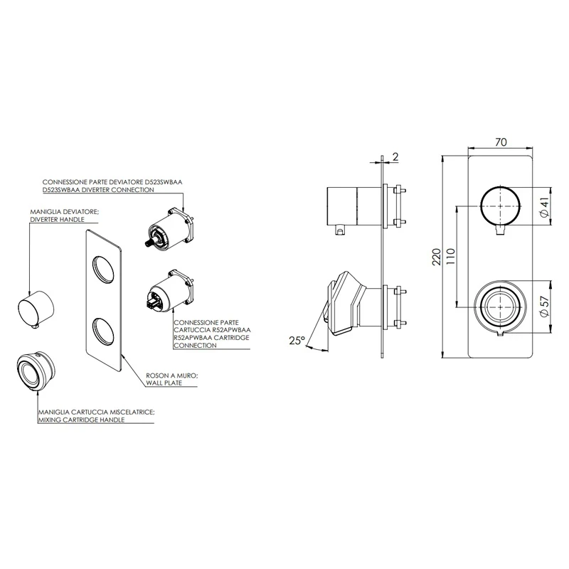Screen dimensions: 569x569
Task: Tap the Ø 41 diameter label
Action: point(543,206)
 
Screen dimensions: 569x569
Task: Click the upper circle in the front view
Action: point(498,206)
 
